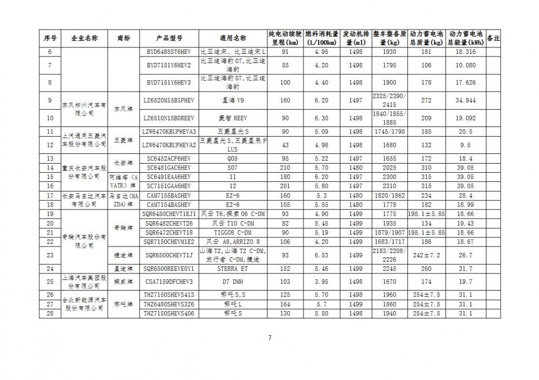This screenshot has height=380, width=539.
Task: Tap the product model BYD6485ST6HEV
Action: tap(169, 52)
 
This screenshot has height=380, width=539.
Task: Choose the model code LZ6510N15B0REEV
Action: tap(169, 118)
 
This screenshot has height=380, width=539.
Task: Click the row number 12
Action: tap(50, 144)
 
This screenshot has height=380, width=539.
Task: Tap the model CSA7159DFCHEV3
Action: tap(169, 281)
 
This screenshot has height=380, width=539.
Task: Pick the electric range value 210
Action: tap(285, 167)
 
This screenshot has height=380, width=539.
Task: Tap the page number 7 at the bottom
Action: tap(269, 337)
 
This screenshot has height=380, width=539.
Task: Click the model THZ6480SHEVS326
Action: tap(169, 304)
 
